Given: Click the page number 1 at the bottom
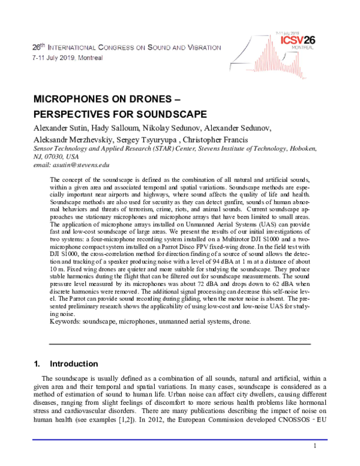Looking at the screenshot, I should [x=314, y=447].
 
